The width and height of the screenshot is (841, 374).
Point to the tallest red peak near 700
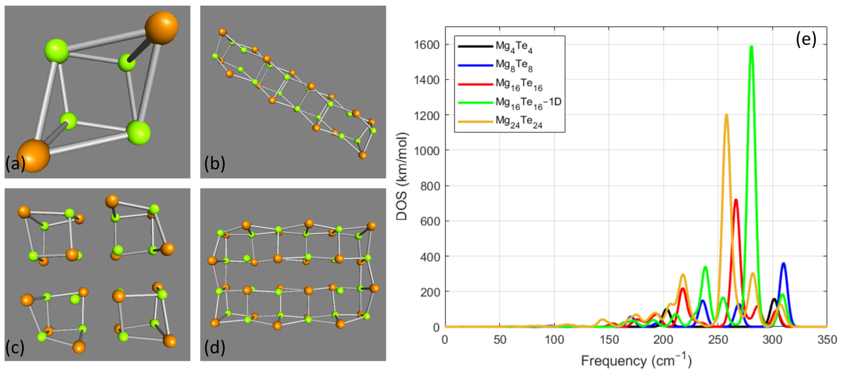(736, 199)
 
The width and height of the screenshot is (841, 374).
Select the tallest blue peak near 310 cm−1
(783, 263)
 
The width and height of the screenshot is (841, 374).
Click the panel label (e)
(806, 39)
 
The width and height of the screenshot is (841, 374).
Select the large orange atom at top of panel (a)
(161, 27)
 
